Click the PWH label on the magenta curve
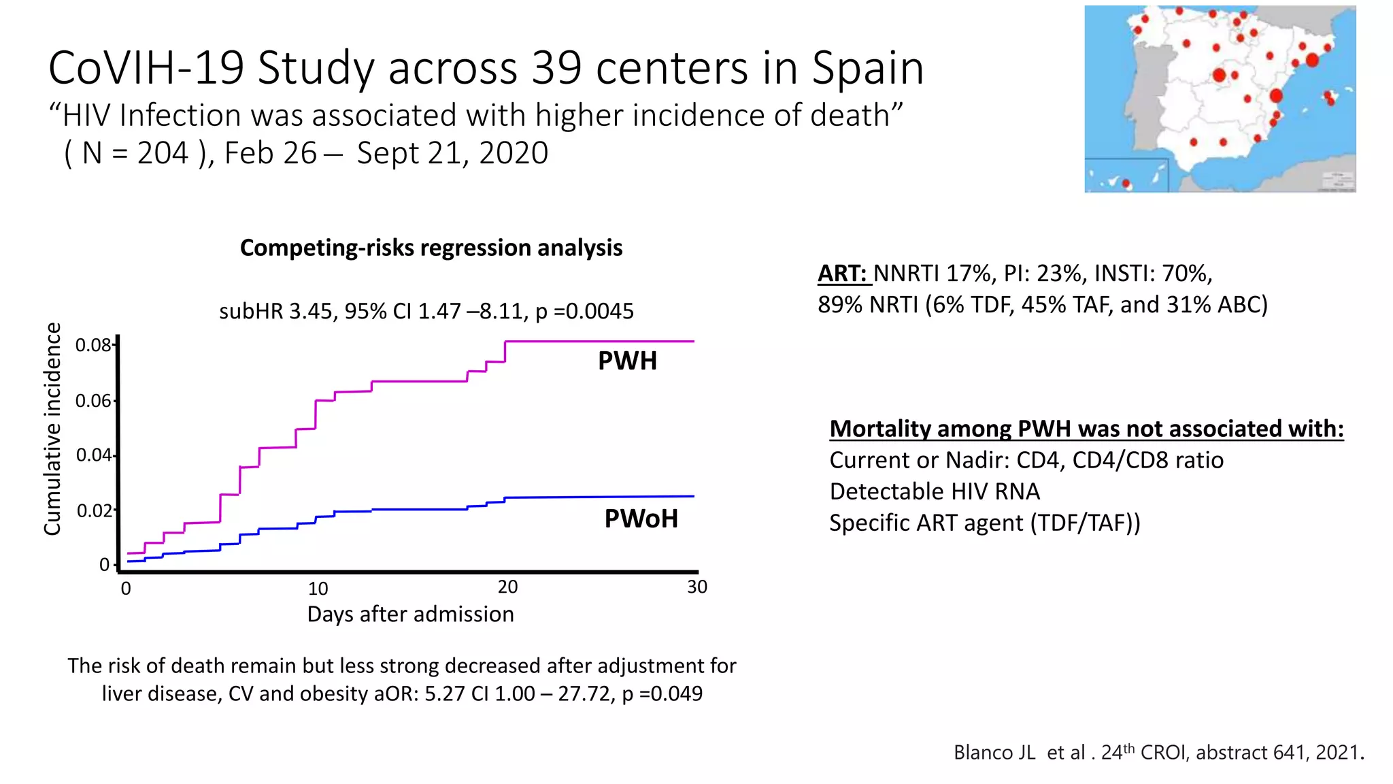(x=627, y=361)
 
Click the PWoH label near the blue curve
(x=641, y=519)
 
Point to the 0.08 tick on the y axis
(x=93, y=345)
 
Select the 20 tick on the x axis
(x=507, y=587)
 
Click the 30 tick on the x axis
(x=697, y=587)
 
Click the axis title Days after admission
(x=410, y=614)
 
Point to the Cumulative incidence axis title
(x=53, y=429)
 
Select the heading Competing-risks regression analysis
(x=431, y=248)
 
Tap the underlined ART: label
(x=843, y=274)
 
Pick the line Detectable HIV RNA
(x=935, y=491)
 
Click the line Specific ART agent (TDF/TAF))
(x=984, y=523)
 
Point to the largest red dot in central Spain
(x=1220, y=75)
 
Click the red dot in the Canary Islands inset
(x=1126, y=183)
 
